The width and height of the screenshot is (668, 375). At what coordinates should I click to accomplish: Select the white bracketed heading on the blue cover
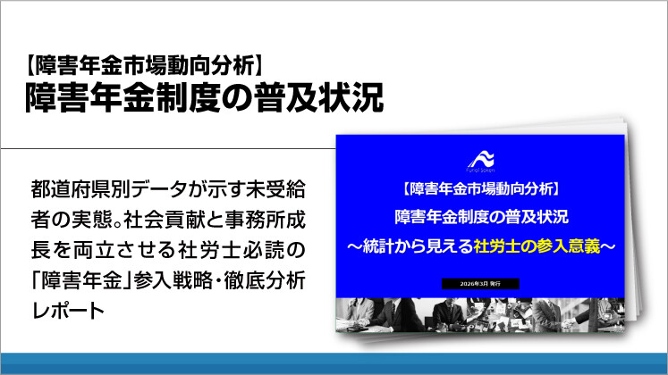481,189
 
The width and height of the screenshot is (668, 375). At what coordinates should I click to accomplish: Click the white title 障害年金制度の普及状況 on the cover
481,218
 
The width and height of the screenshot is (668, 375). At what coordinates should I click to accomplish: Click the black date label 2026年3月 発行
481,283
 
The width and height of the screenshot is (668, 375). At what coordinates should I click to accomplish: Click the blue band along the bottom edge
334,363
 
